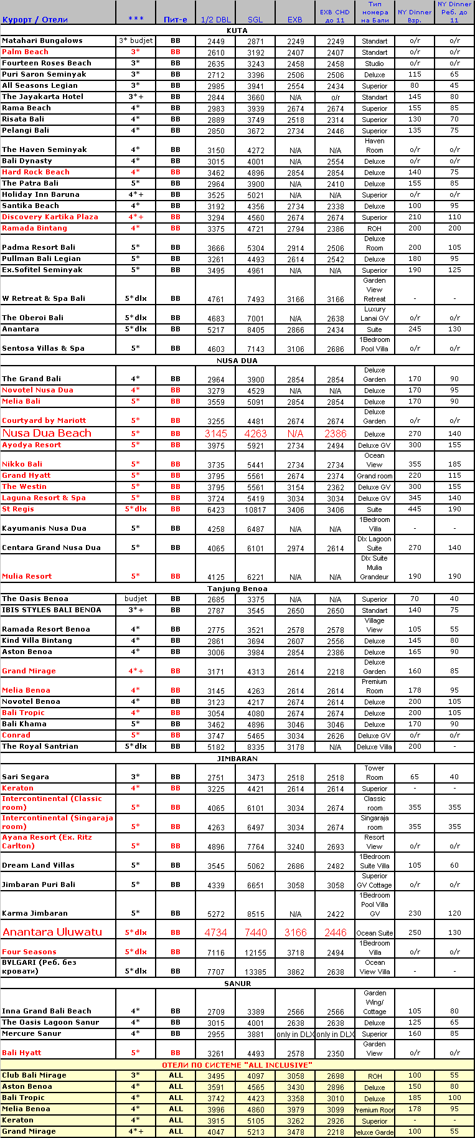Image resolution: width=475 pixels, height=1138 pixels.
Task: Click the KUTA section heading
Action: pos(237,30)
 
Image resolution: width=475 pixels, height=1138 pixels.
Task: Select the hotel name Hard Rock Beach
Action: pos(35,172)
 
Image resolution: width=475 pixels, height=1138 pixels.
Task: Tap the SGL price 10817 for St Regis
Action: pos(255,510)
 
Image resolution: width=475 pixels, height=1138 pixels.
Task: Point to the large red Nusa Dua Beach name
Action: pos(47,433)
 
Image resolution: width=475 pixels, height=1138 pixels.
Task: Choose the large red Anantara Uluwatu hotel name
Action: pos(52,932)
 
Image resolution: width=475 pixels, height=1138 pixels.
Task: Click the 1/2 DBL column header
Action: pos(215,19)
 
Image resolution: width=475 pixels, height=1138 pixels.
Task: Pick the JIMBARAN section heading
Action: pos(237,759)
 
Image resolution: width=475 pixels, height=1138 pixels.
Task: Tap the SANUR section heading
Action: pos(237,984)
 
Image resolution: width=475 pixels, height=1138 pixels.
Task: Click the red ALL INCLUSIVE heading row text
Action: pos(237,1065)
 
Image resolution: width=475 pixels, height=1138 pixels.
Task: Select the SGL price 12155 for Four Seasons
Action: pos(255,952)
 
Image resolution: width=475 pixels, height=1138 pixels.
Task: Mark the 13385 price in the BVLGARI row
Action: pos(255,972)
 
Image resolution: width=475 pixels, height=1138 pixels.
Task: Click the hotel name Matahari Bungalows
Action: pos(42,40)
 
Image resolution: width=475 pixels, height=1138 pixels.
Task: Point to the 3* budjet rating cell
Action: pos(136,40)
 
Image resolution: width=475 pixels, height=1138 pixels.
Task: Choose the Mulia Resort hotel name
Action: pos(27,576)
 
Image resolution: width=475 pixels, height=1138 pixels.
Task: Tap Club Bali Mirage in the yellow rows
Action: pos(34,1075)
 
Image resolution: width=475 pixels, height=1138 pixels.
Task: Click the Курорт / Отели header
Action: pos(35,19)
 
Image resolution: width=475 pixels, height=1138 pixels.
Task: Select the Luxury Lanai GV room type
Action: pos(375,313)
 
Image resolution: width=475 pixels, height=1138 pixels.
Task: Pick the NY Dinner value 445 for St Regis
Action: pos(415,509)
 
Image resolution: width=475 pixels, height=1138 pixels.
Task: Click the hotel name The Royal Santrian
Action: pos(40,746)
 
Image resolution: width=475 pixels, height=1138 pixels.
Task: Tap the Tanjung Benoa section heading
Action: pos(237,589)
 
